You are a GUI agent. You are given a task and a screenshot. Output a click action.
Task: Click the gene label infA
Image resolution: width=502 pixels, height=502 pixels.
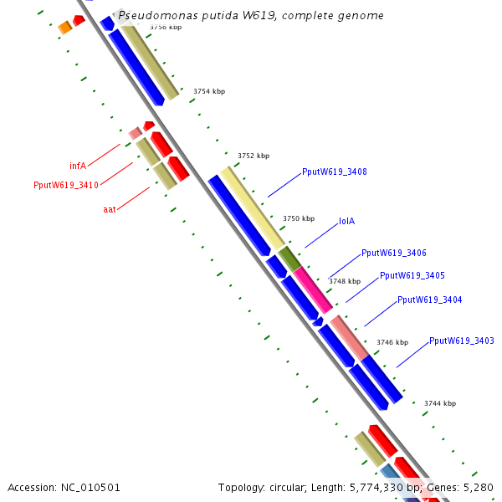tap(78, 166)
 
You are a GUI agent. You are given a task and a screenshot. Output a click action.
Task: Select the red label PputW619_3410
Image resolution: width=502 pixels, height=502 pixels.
tap(66, 185)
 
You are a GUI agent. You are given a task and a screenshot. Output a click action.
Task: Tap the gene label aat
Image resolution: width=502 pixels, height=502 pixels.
tap(110, 209)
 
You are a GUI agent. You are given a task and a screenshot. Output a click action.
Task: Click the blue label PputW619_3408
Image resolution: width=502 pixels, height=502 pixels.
tap(335, 172)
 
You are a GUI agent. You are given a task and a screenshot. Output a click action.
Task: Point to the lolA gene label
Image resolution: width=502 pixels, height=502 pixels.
tap(347, 222)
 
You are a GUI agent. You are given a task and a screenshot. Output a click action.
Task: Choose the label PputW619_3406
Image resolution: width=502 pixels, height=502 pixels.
tap(394, 253)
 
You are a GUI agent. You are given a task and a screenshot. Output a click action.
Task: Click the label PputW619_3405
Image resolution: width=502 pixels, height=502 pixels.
tap(412, 275)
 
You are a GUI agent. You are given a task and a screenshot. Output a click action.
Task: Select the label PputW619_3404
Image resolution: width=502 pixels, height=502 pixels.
tap(430, 300)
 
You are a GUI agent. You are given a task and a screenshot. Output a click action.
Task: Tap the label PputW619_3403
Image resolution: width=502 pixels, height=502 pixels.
tap(462, 341)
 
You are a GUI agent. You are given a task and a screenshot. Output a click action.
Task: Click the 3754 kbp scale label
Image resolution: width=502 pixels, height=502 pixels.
tap(209, 91)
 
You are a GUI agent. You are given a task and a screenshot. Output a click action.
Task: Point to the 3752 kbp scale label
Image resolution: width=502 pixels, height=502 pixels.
tap(254, 156)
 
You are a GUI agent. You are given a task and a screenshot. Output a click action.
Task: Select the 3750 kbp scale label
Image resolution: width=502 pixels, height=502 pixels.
tap(299, 218)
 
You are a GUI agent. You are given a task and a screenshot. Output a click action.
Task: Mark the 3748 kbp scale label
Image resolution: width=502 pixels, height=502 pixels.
tap(345, 281)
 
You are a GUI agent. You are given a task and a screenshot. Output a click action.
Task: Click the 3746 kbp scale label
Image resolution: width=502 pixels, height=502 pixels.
tap(392, 342)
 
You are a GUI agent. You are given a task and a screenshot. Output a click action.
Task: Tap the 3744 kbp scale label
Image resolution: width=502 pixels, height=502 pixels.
tap(440, 403)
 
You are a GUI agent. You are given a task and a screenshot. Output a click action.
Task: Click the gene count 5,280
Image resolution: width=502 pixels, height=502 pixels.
tap(478, 487)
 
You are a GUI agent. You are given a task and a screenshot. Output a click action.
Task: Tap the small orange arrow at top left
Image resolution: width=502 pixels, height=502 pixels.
tap(64, 28)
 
